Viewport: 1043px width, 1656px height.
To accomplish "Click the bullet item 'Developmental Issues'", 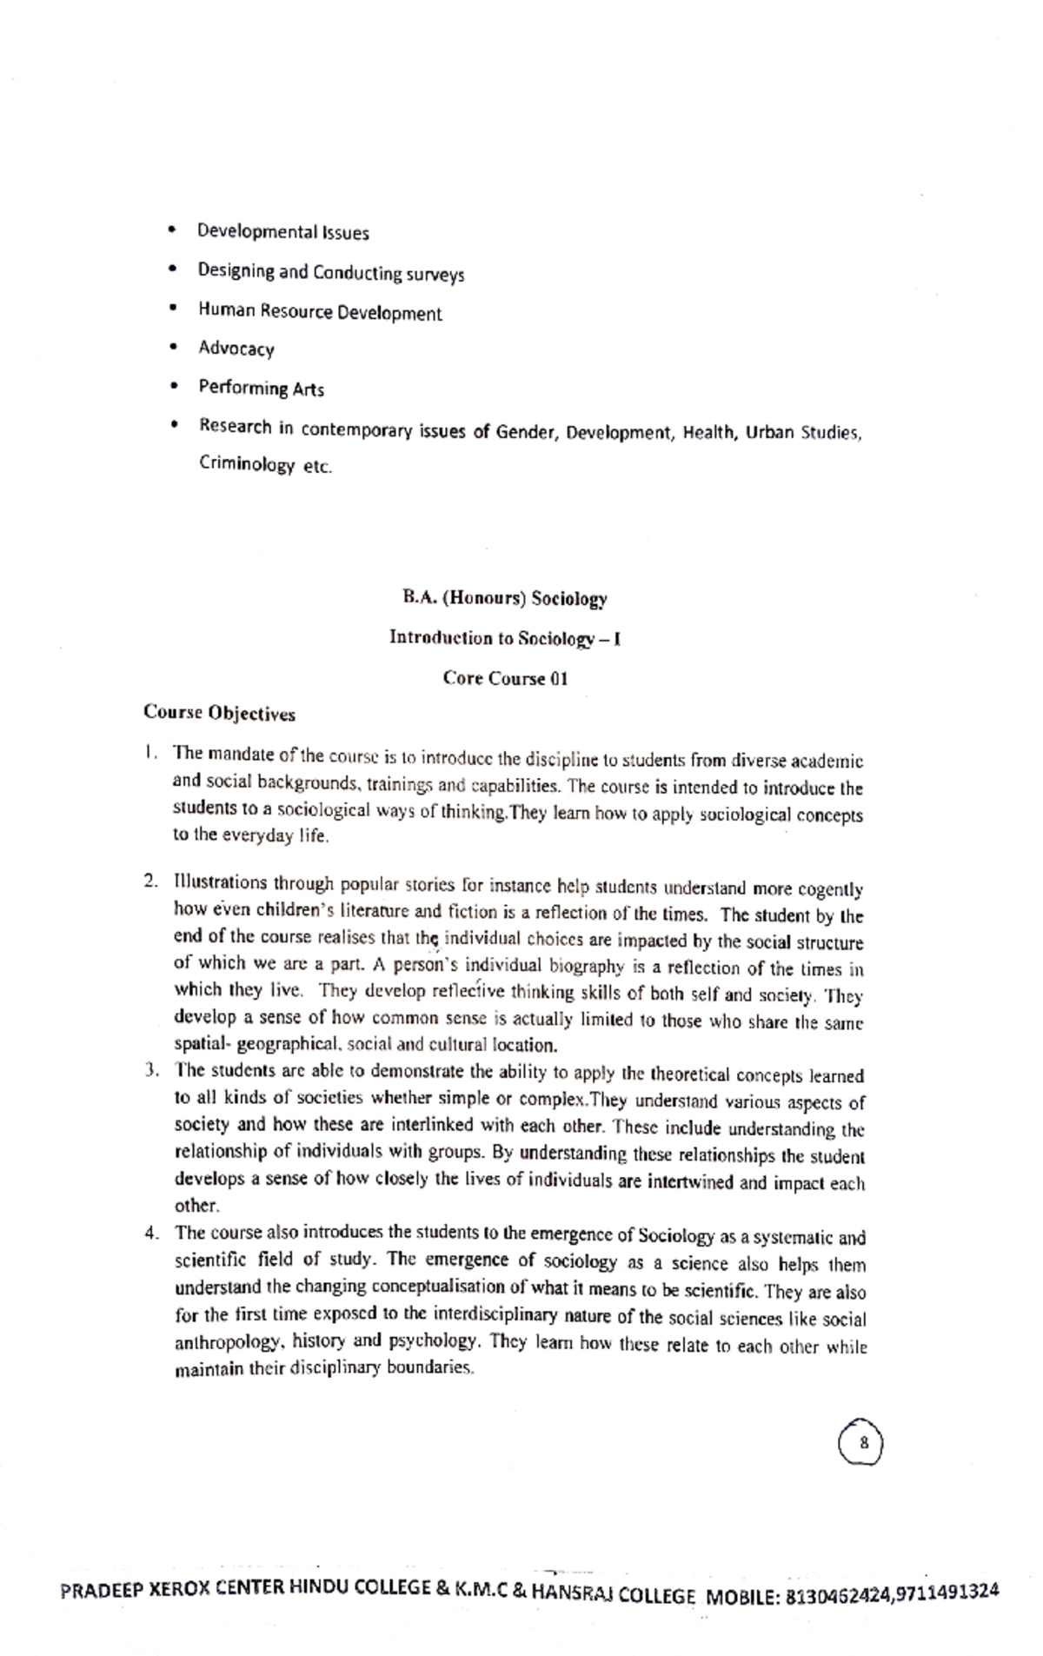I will pos(282,232).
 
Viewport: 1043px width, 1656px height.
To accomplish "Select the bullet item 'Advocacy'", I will pos(236,349).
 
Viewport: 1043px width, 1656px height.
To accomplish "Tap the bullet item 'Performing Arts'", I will pos(261,388).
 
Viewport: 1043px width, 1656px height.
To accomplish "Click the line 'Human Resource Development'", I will pos(319,312).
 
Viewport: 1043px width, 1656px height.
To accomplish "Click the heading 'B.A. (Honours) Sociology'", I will pos(504,598).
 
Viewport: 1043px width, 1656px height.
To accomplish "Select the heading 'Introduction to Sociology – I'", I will pos(504,638).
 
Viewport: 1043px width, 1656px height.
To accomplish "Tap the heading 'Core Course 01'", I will pos(505,678).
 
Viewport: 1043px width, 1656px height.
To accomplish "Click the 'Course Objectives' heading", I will pos(219,714).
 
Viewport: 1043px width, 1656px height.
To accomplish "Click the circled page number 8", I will pos(860,1443).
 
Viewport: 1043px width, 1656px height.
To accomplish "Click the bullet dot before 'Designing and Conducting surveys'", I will pos(175,269).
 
